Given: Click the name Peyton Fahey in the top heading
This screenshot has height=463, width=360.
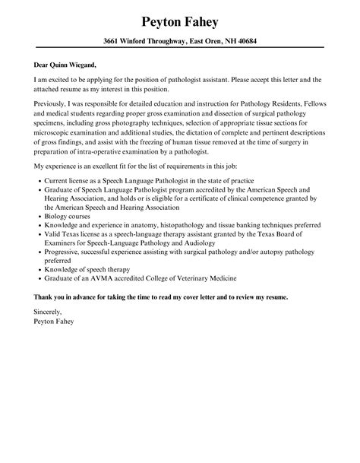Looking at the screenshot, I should click(179, 17).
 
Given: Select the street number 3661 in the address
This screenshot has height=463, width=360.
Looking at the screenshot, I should click(113, 41).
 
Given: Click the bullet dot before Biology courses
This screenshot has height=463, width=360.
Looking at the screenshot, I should click(38, 216).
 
